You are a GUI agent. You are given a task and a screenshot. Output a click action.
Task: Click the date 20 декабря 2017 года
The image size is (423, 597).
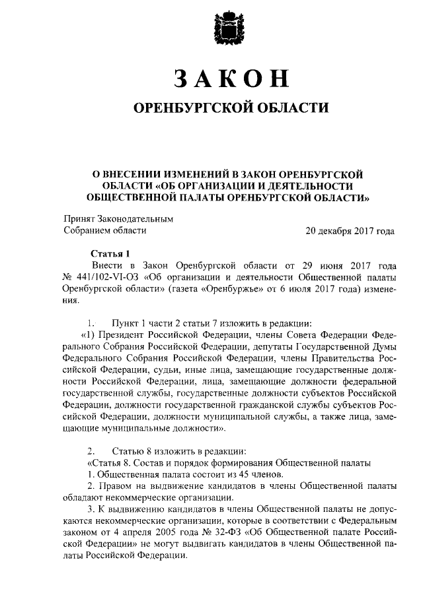[350, 231]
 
